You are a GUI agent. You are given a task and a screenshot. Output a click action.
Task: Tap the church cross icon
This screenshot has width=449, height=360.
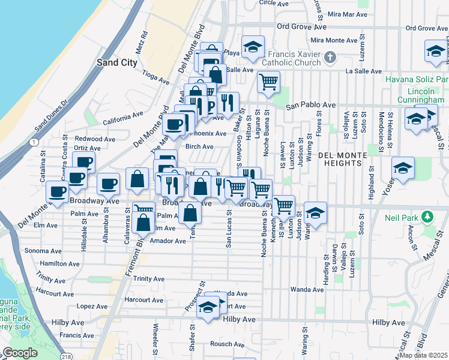[x=329, y=58]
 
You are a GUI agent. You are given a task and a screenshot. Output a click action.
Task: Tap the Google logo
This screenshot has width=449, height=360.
[x=20, y=353]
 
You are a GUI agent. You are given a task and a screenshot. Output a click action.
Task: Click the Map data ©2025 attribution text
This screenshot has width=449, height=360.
[x=423, y=355]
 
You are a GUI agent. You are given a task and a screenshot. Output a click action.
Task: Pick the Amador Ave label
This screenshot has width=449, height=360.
[x=168, y=241]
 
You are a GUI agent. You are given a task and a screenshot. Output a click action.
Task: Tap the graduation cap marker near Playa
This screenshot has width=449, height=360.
[x=253, y=46]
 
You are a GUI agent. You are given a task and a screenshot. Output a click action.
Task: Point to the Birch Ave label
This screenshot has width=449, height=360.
[x=199, y=146]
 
